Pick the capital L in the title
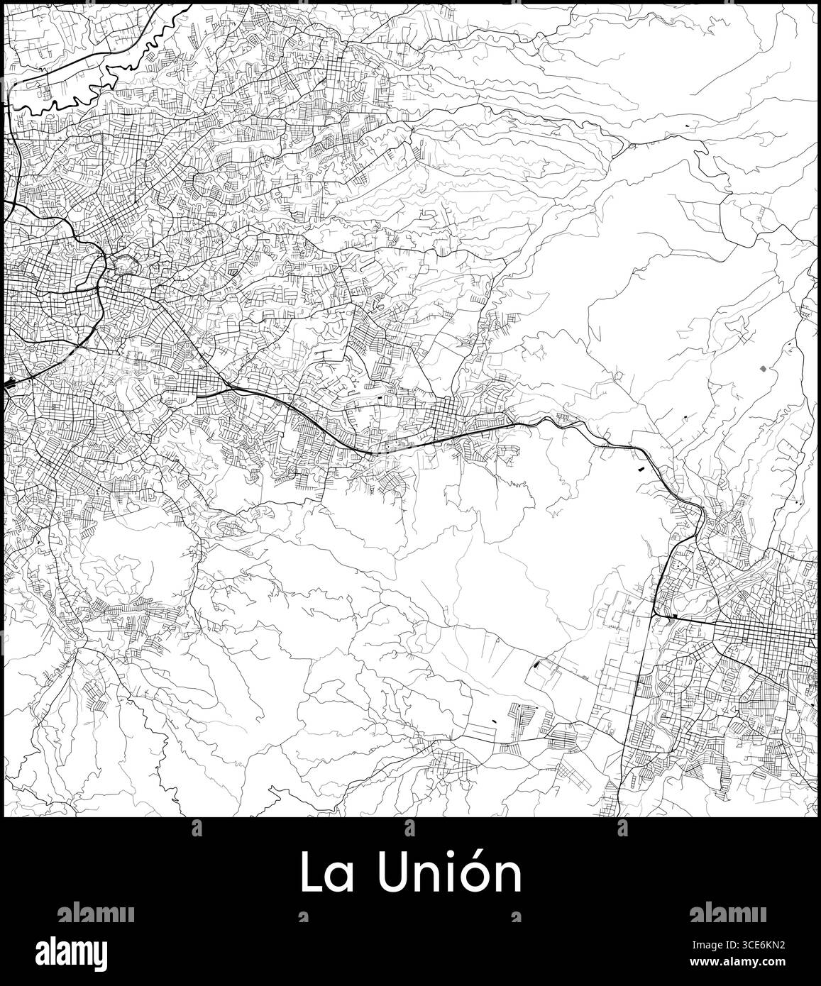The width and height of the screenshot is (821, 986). [x=310, y=873]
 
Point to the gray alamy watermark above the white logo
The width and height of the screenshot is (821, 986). [x=95, y=912]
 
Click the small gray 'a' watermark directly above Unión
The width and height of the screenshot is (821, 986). [x=410, y=827]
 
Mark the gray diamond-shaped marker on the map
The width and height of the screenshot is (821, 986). [x=763, y=369]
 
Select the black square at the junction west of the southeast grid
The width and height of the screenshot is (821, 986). [x=671, y=618]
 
